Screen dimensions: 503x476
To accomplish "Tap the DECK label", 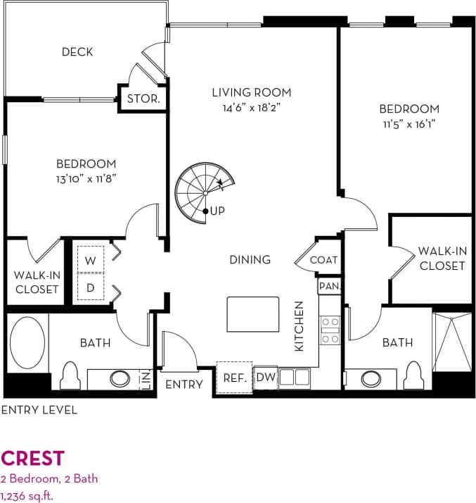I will [77, 52].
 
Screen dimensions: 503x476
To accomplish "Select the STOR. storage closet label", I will [143, 99].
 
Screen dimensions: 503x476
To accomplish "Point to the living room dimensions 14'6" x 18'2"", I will [252, 108].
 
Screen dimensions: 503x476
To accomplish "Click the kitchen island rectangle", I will [252, 313].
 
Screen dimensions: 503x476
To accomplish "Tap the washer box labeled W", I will [91, 260].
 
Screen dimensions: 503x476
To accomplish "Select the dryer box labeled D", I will [91, 287].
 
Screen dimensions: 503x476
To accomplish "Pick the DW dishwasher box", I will [265, 378].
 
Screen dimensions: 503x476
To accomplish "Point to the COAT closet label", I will [323, 260].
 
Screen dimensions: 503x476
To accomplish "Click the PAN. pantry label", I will [329, 286].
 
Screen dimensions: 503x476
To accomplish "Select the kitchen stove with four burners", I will [330, 330].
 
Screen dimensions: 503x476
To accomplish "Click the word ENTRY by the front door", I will [184, 385].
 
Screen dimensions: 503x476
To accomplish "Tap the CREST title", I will [33, 459].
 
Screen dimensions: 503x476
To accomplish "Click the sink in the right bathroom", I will [370, 378].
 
